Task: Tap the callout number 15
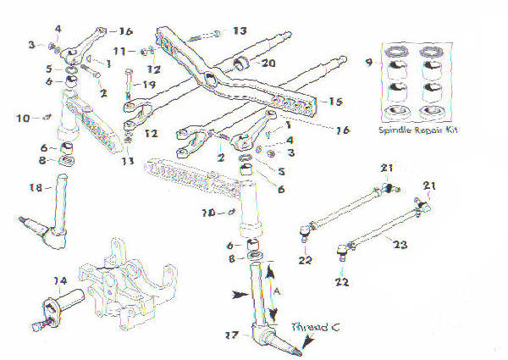click(334, 102)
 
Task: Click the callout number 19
click(150, 86)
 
